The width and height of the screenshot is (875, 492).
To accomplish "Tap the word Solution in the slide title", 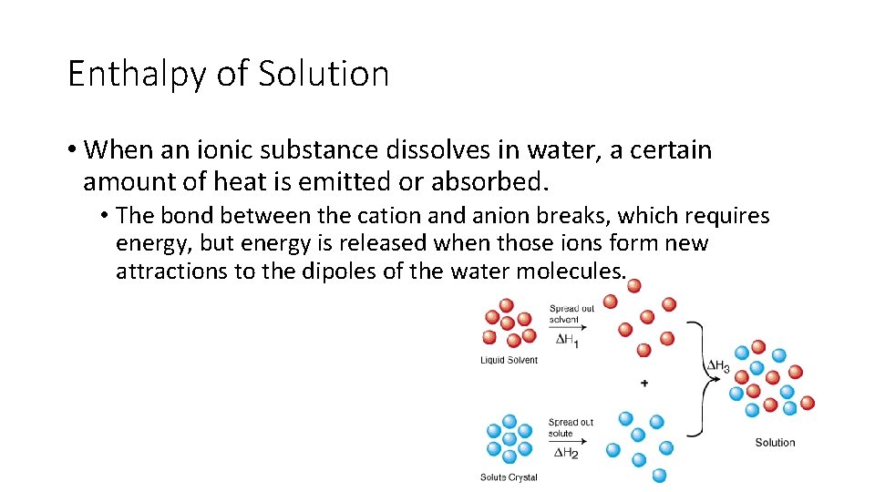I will point(324,73).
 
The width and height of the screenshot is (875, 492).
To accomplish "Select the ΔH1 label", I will point(567,340).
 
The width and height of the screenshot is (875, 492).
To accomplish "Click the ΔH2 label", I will point(567,454).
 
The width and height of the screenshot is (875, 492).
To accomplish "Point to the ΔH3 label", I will point(718,366).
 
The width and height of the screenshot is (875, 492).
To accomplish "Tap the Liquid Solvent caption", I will point(509,360).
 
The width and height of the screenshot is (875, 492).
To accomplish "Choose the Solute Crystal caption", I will point(509,477).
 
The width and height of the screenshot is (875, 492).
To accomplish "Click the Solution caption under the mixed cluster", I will point(775,443).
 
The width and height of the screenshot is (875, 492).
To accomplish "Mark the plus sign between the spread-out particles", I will point(644,383).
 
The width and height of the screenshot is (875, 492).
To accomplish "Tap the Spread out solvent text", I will point(571,313).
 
